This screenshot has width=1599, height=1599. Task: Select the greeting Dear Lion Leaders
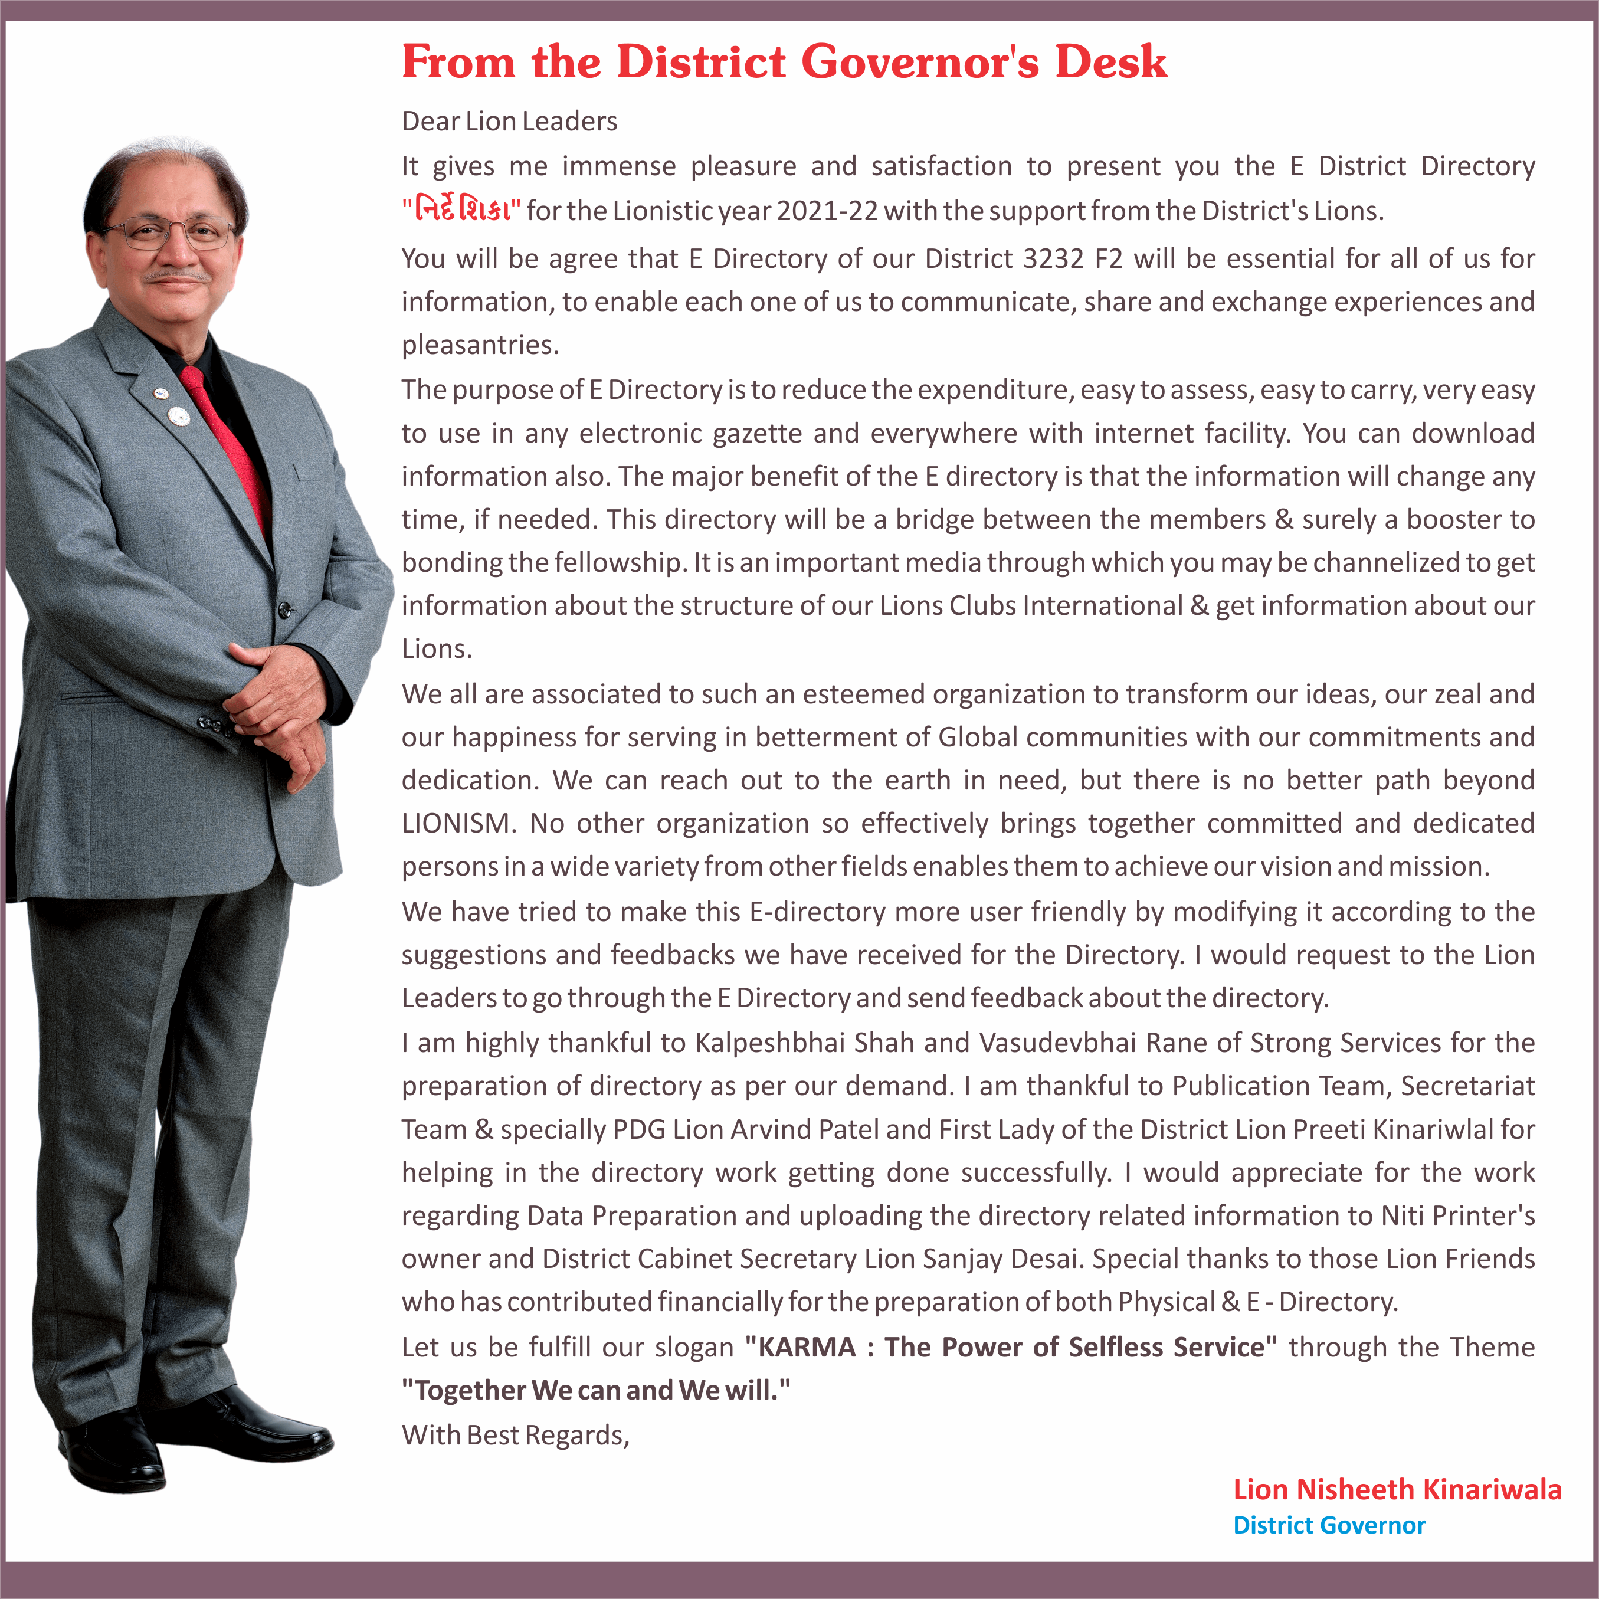tap(509, 122)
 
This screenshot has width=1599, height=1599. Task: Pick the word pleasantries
tap(480, 345)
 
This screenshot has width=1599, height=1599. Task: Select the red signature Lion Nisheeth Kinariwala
tap(1397, 1490)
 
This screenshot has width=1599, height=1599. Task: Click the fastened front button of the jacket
tap(286, 610)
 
